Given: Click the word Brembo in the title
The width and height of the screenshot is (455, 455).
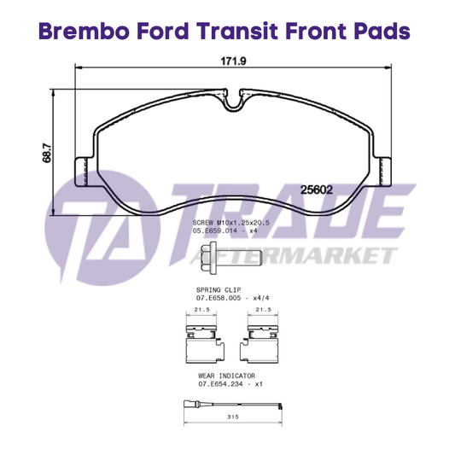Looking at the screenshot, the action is (84, 31).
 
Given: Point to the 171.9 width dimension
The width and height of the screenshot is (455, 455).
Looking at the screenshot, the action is (233, 61).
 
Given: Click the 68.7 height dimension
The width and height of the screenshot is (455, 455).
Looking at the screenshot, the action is (47, 153).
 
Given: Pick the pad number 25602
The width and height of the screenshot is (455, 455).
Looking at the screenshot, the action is (317, 190).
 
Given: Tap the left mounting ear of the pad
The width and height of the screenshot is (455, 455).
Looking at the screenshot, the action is (85, 172).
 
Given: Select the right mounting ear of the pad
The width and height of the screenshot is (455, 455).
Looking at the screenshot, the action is (382, 172).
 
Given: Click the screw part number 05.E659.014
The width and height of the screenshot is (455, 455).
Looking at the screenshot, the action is (215, 231).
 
